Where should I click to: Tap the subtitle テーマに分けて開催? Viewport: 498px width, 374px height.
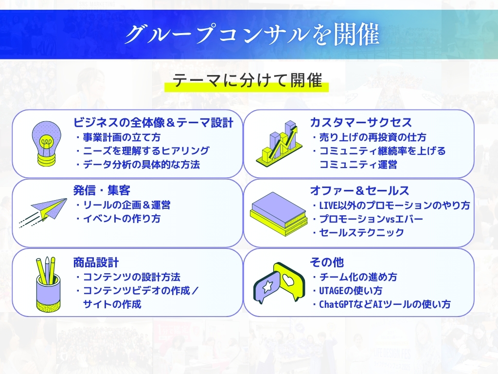(247, 80)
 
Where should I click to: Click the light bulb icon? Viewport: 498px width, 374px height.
(47, 144)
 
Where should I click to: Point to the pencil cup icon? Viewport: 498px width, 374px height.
(48, 284)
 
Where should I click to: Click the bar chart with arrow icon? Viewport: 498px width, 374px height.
(279, 143)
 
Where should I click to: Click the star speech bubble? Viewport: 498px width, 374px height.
(266, 287)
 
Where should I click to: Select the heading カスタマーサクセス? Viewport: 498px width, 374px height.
(361, 122)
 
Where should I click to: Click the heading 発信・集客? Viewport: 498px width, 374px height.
(102, 190)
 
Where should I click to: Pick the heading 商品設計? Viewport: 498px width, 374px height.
(96, 262)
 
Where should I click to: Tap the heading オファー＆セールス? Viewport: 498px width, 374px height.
(359, 190)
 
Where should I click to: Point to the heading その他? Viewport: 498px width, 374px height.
(327, 262)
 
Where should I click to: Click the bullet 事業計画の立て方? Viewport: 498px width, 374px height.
(122, 137)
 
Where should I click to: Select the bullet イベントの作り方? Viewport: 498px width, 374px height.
(122, 219)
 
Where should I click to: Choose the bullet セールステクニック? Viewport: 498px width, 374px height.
(361, 232)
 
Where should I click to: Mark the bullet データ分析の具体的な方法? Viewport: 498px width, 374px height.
(142, 165)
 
